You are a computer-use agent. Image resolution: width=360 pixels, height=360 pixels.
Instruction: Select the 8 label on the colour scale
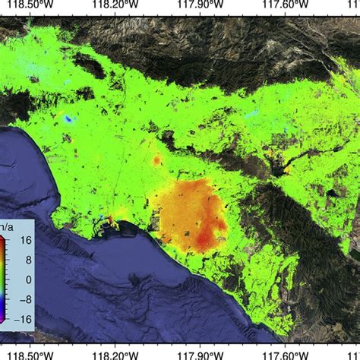click(25, 260)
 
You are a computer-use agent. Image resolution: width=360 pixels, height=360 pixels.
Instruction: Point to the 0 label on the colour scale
click(25, 279)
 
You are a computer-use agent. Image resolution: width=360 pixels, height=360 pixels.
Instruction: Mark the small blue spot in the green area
click(70, 119)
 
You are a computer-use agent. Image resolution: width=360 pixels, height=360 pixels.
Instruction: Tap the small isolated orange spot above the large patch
click(157, 160)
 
